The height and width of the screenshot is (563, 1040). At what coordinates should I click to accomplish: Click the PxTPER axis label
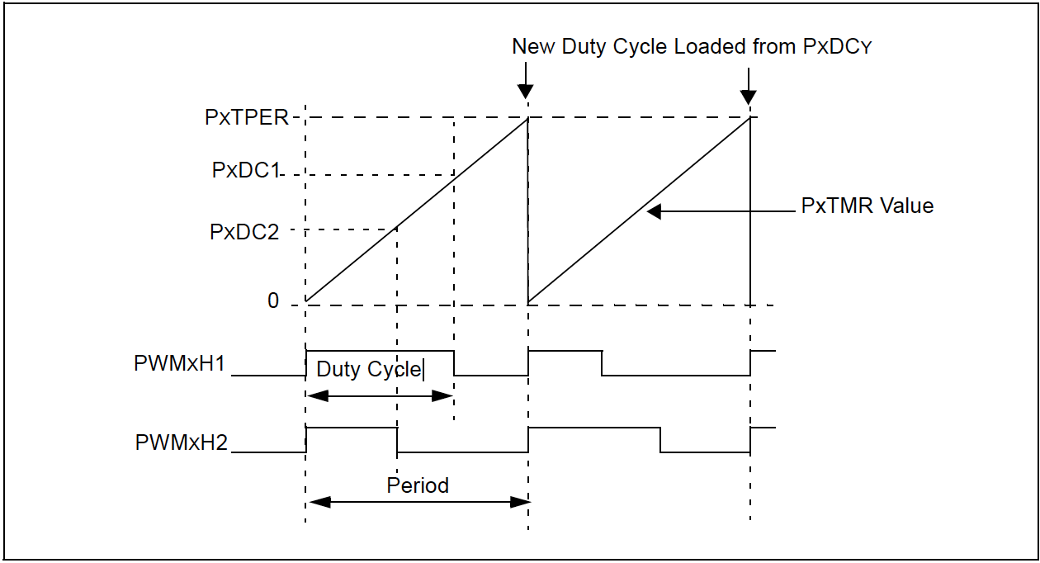click(246, 118)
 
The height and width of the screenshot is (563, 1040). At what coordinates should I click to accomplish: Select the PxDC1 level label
click(246, 171)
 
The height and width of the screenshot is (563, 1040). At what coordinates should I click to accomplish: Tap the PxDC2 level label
click(244, 232)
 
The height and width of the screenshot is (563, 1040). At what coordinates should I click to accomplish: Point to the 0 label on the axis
click(273, 301)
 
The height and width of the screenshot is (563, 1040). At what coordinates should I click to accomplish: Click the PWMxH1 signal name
click(179, 364)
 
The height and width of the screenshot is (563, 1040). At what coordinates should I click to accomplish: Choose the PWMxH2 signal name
click(181, 443)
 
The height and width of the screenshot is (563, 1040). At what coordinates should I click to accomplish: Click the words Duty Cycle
click(368, 369)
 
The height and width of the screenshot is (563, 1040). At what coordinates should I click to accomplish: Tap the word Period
click(418, 485)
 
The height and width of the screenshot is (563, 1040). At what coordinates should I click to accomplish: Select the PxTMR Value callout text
click(867, 206)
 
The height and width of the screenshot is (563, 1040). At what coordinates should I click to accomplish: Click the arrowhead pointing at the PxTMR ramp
click(654, 212)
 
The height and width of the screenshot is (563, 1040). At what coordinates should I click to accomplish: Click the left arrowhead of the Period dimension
click(315, 501)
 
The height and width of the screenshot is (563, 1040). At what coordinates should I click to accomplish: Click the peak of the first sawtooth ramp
click(527, 119)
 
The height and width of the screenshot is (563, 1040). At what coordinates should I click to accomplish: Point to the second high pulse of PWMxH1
click(565, 351)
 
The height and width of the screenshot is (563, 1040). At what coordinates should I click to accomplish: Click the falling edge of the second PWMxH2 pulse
click(660, 439)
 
